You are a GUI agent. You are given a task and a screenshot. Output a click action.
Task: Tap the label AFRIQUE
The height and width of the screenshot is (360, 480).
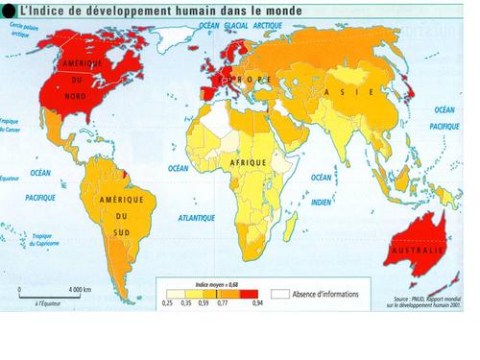pos(247,164)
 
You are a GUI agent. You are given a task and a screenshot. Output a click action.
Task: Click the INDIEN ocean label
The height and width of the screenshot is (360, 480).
pos(320,203)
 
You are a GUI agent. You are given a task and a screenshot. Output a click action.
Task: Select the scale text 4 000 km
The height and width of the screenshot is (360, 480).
pos(80,289)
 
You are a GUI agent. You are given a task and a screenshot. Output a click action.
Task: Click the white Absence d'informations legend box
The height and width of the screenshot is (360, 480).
pos(280,293)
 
